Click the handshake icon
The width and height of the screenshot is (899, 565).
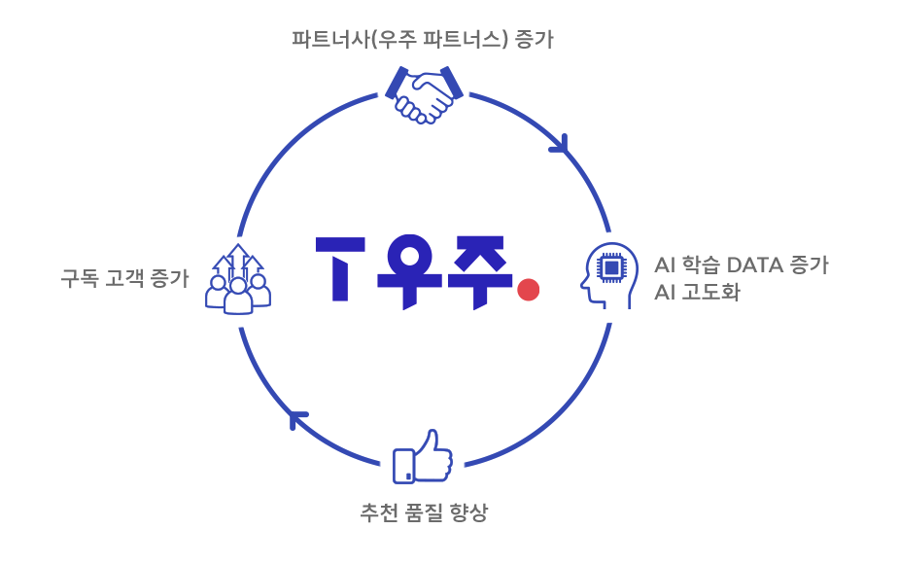424,95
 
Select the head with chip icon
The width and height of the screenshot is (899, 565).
609,274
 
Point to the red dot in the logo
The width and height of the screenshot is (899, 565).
528,290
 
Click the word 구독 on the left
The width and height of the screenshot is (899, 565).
79,279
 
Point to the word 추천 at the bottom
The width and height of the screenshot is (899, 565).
378,512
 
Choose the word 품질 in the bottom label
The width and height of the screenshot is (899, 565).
423,512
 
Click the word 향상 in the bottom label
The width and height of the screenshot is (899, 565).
468,512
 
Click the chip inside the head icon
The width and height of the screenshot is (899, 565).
612,265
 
